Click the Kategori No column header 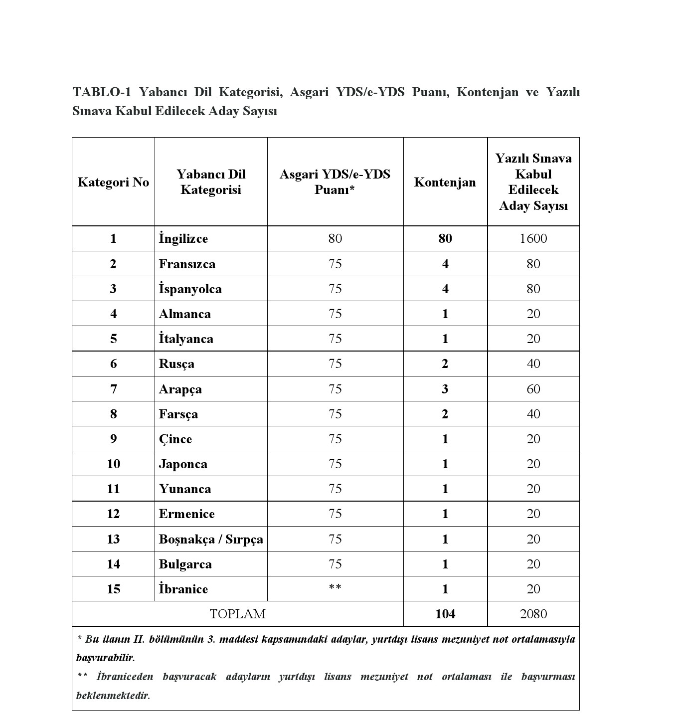tap(113, 182)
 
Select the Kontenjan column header tap(445, 182)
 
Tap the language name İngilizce tap(183, 238)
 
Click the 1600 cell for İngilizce tap(533, 238)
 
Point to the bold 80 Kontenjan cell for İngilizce tap(445, 238)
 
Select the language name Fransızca tap(187, 264)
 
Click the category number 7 tap(113, 389)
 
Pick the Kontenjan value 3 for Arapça tap(445, 389)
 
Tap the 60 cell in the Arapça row tap(533, 389)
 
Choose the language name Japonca tap(183, 464)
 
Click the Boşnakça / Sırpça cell tap(211, 539)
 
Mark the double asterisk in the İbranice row tap(335, 587)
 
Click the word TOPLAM tap(237, 614)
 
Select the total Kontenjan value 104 tap(445, 614)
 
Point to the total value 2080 tap(533, 614)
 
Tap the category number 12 tap(113, 514)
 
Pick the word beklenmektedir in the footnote tap(113, 695)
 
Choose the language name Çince tap(175, 439)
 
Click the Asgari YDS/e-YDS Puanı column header tap(335, 182)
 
